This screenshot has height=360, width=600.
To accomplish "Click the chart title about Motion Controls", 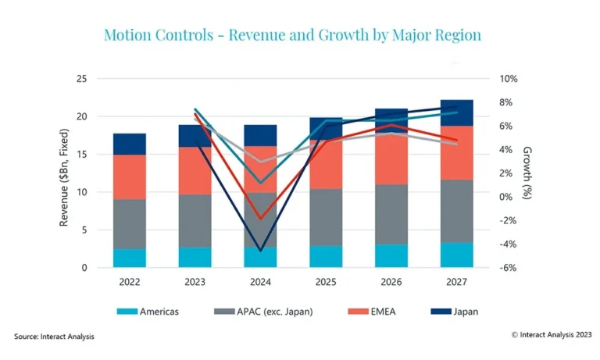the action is click(x=293, y=35).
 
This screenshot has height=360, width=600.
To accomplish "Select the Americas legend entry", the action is click(x=148, y=312).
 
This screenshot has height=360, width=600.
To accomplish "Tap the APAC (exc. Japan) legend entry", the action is click(x=263, y=312).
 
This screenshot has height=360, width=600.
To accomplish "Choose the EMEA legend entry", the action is click(x=372, y=312).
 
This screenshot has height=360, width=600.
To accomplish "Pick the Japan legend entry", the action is click(x=455, y=312).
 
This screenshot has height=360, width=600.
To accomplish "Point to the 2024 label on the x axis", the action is click(x=260, y=282).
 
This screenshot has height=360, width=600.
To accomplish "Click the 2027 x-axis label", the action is click(x=456, y=282).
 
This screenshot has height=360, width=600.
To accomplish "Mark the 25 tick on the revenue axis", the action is click(x=82, y=79).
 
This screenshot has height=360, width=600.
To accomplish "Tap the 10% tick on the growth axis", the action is click(x=509, y=79).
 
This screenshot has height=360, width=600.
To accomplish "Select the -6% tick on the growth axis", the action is click(x=508, y=268).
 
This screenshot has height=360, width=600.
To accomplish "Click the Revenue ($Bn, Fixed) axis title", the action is click(x=64, y=177).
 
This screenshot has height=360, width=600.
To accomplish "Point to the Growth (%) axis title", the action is click(x=527, y=173).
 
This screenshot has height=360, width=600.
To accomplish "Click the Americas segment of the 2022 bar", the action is click(x=130, y=258).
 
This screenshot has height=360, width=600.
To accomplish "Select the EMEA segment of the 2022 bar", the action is click(x=130, y=177).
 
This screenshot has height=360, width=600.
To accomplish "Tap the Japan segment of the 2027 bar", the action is click(x=456, y=113).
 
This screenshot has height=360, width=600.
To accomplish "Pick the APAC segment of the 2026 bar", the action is click(x=391, y=215).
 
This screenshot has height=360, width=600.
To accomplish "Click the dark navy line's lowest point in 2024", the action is click(x=261, y=251).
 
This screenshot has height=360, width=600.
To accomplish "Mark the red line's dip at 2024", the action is click(x=261, y=219).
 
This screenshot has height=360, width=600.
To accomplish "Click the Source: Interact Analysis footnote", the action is click(x=54, y=337).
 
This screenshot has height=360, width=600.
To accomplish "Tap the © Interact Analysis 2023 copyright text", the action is click(x=552, y=335).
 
